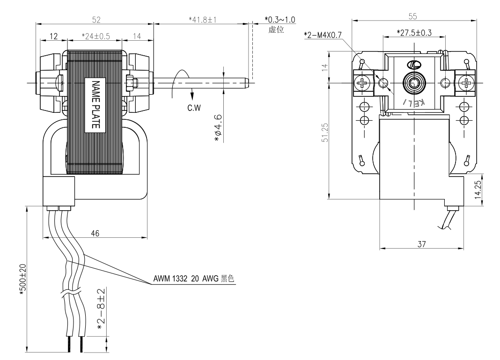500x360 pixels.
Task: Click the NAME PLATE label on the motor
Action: point(96,104)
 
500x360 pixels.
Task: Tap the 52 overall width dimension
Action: point(96,20)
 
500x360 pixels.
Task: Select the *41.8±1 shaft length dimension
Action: point(203,20)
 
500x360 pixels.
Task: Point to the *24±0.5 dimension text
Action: point(96,37)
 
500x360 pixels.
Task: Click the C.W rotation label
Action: point(194,108)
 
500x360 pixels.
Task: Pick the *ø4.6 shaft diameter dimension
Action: point(218,128)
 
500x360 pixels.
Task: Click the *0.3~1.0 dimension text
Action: point(280,20)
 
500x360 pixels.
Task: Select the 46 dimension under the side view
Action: point(95,234)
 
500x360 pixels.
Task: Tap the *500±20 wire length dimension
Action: point(22,279)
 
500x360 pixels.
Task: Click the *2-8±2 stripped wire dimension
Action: point(101,310)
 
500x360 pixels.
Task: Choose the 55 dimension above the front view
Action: point(412,16)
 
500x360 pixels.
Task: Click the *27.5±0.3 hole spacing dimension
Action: point(414,33)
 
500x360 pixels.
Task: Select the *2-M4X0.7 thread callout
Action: point(323,35)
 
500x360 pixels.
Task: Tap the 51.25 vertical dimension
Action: point(324,132)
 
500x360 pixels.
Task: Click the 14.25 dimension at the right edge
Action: point(478,190)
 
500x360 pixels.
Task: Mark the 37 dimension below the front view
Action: point(421,244)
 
